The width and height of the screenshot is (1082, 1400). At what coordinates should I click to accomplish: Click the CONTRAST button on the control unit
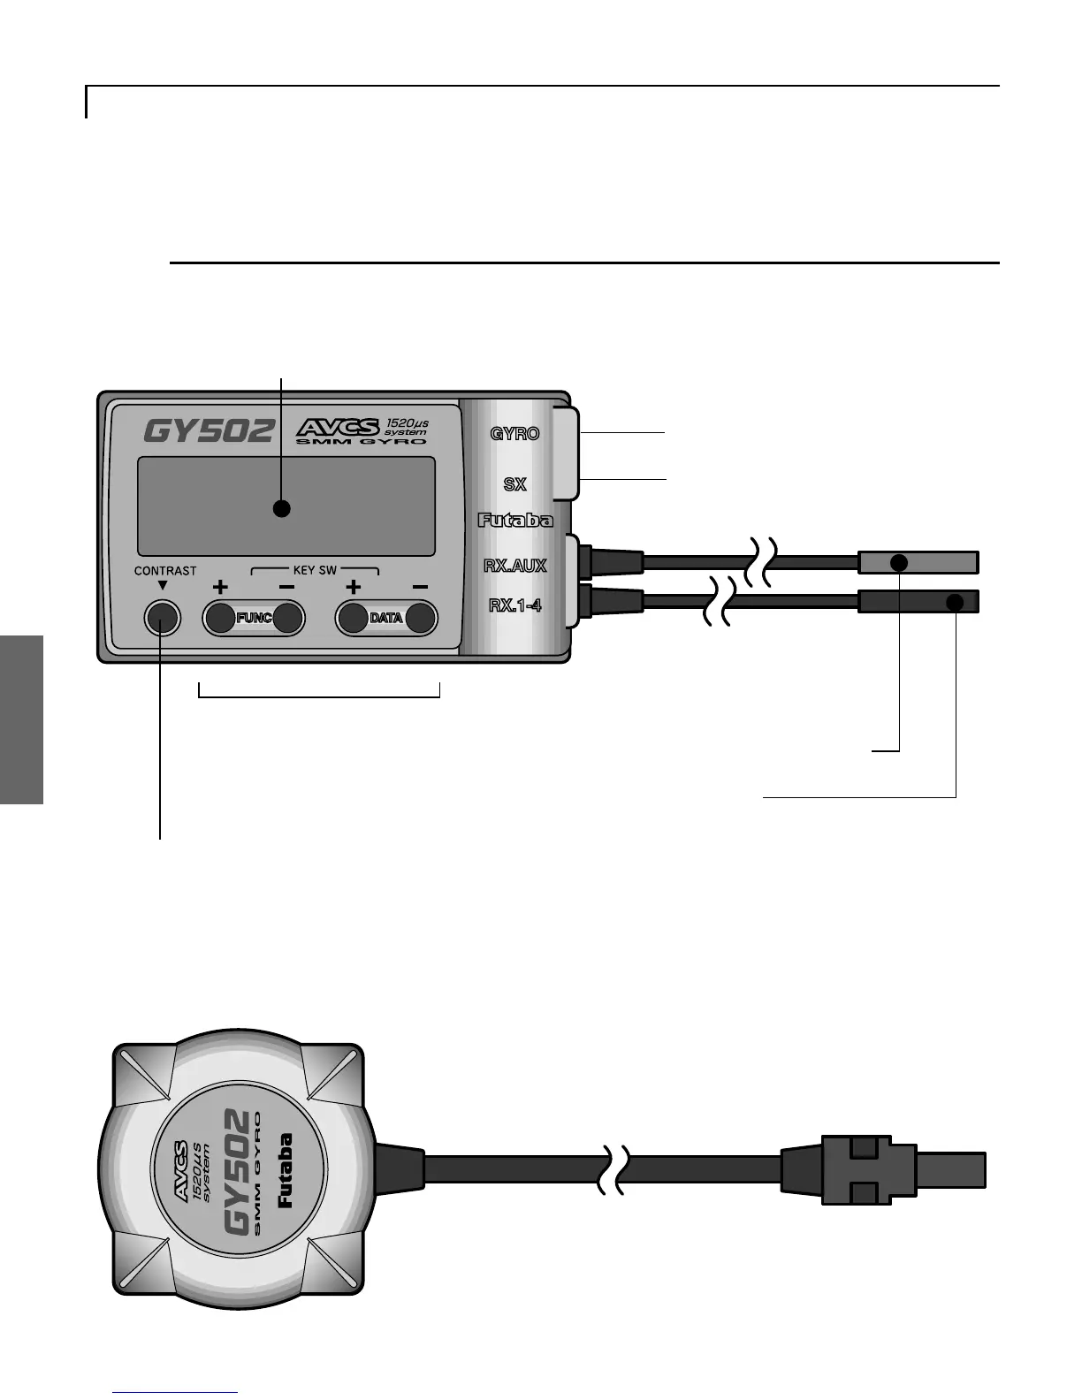tap(162, 617)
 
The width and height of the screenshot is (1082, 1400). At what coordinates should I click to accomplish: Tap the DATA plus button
tap(354, 617)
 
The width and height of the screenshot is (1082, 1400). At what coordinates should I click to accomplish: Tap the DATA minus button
tap(421, 617)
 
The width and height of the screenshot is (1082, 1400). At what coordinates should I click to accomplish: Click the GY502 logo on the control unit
tap(209, 430)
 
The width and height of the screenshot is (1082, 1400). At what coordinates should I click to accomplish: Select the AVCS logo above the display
tap(338, 427)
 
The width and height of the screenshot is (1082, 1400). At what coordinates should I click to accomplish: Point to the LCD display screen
tap(286, 506)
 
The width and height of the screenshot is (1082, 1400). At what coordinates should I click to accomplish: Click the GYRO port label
tap(514, 434)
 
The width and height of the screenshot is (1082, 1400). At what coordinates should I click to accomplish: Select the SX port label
tap(514, 484)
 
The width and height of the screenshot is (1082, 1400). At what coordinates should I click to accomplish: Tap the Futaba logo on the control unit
tap(515, 520)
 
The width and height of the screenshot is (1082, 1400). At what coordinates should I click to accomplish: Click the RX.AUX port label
tap(514, 566)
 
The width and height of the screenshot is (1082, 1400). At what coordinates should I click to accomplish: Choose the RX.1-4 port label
tap(514, 605)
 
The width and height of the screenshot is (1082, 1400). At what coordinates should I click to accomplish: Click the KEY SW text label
tap(315, 570)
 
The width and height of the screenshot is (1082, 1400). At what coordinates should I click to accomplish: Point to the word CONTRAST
tap(165, 571)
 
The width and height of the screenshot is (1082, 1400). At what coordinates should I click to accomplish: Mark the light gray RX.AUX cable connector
tap(918, 562)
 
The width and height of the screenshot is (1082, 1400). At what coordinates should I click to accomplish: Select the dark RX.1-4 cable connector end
tap(918, 602)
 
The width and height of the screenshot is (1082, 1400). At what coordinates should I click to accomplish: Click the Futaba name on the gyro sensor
tap(285, 1170)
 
